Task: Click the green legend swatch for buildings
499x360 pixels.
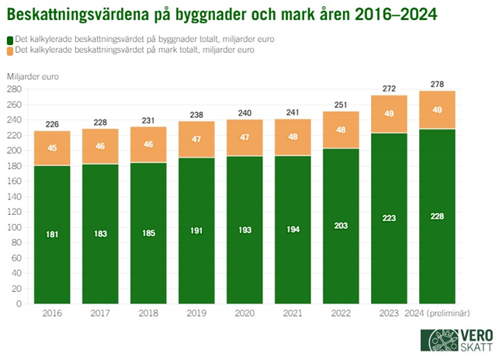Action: click(9, 39)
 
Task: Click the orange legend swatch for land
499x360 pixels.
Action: click(9, 50)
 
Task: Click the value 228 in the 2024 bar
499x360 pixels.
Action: click(436, 216)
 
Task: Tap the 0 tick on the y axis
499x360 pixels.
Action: click(17, 304)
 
